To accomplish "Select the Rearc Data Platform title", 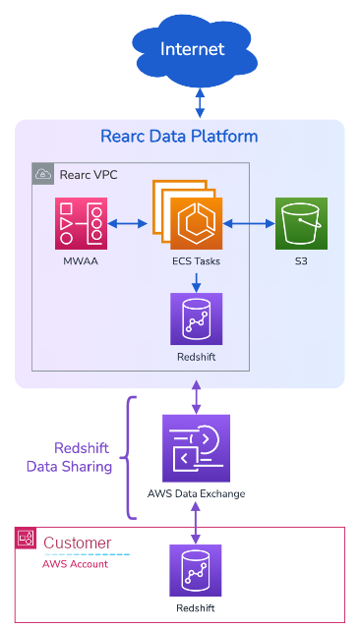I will click(x=179, y=136).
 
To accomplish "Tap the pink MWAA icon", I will click(x=81, y=223).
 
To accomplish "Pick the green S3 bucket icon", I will click(x=301, y=223).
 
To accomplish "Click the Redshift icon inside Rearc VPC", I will click(x=196, y=318).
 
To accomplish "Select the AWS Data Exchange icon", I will click(x=196, y=447).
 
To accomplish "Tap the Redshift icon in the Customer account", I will click(x=196, y=570).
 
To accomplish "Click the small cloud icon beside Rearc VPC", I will click(x=42, y=173).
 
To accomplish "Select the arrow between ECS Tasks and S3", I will click(x=250, y=224).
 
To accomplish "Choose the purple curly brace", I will click(x=129, y=457).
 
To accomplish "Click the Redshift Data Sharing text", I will click(x=83, y=457).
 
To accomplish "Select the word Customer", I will click(x=77, y=543).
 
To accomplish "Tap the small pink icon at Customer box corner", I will click(x=26, y=538).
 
